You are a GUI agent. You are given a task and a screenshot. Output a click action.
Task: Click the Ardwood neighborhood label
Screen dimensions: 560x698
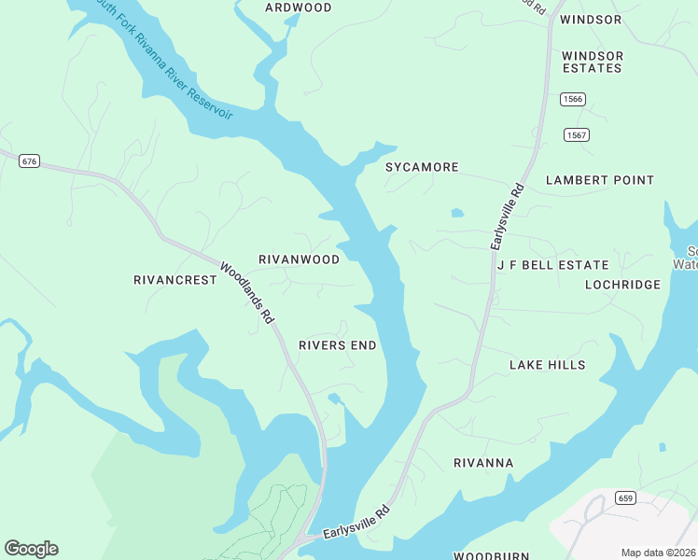pyautogui.click(x=298, y=7)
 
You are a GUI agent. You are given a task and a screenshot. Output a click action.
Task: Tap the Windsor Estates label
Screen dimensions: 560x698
pyautogui.click(x=592, y=62)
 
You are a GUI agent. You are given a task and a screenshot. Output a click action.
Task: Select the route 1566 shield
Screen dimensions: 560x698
pyautogui.click(x=573, y=99)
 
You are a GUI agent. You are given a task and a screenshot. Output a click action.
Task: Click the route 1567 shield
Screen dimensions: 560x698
pyautogui.click(x=577, y=135)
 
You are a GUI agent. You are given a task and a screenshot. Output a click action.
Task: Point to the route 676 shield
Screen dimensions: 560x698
pyautogui.click(x=29, y=161)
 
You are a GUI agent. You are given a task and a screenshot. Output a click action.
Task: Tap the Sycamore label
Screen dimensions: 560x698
pyautogui.click(x=422, y=167)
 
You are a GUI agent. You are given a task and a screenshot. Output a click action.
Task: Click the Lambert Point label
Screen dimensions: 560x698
pyautogui.click(x=600, y=180)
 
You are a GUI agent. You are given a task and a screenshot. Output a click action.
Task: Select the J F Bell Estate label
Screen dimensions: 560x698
pyautogui.click(x=552, y=265)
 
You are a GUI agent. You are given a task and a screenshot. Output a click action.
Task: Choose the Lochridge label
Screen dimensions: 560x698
pyautogui.click(x=622, y=285)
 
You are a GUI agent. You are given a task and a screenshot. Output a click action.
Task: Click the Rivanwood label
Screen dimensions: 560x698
pyautogui.click(x=299, y=259)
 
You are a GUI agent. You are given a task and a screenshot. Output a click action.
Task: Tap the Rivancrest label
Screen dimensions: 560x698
pyautogui.click(x=169, y=280)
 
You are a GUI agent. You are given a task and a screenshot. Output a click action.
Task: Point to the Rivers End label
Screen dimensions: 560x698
pyautogui.click(x=337, y=345)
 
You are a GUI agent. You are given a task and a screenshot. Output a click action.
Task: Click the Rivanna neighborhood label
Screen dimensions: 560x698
pyautogui.click(x=483, y=463)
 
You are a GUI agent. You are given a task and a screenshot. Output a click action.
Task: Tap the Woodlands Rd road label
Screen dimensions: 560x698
pyautogui.click(x=247, y=293)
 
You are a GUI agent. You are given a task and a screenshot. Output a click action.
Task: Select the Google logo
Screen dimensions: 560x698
pyautogui.click(x=31, y=549)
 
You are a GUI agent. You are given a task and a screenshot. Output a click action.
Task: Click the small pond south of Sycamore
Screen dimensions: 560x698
pyautogui.click(x=457, y=213)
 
